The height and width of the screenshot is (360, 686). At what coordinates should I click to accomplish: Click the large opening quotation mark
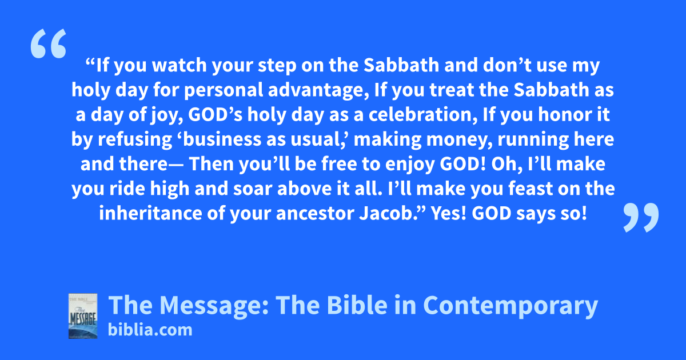pyautogui.click(x=49, y=43)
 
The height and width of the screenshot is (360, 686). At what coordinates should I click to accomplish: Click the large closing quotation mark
pyautogui.click(x=641, y=217)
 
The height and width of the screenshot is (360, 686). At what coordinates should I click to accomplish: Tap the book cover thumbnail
pyautogui.click(x=83, y=316)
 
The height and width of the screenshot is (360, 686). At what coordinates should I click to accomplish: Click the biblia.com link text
pyautogui.click(x=150, y=330)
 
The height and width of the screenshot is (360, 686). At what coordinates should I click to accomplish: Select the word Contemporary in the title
pyautogui.click(x=510, y=306)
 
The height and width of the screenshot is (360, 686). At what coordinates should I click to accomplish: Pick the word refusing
pyautogui.click(x=135, y=139)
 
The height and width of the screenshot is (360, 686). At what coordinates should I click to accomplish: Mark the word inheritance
pyautogui.click(x=150, y=213)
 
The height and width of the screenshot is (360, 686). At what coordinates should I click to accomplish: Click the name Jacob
pyautogui.click(x=386, y=213)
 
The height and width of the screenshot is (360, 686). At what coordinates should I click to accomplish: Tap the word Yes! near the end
pyautogui.click(x=449, y=213)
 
